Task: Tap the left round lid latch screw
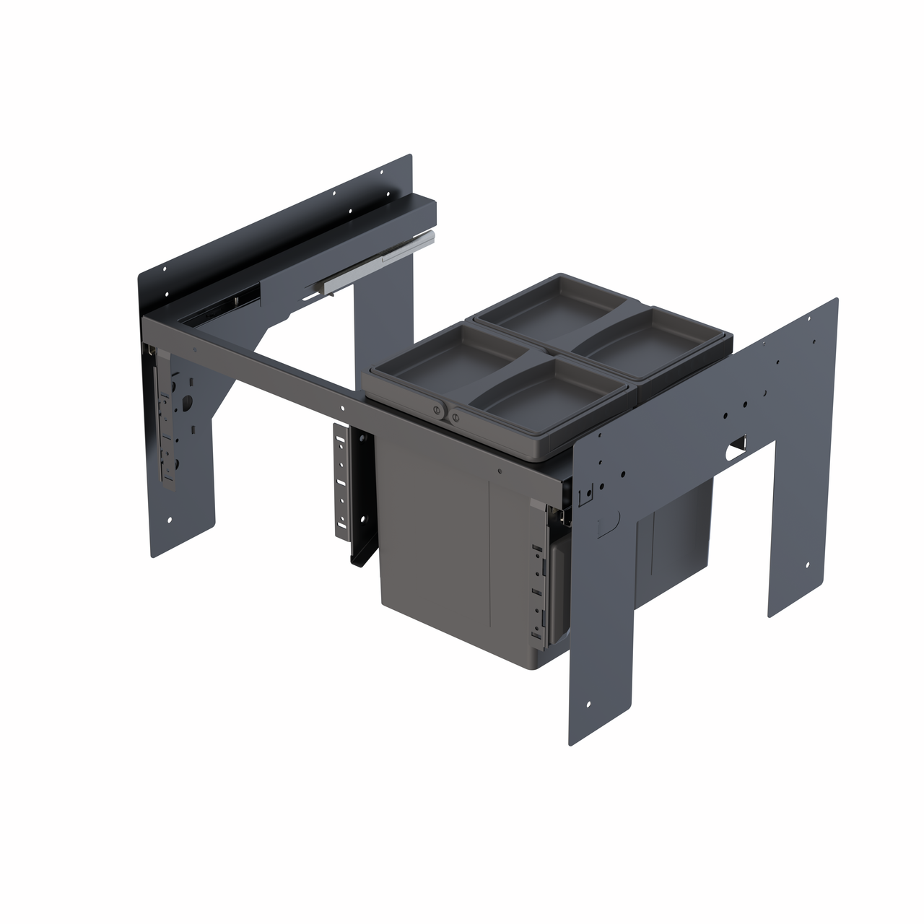tap(436, 410)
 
